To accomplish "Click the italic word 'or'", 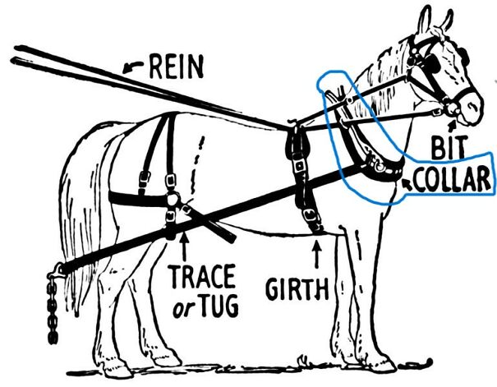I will tap(185, 306).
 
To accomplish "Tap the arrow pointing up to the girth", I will tap(318, 250).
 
